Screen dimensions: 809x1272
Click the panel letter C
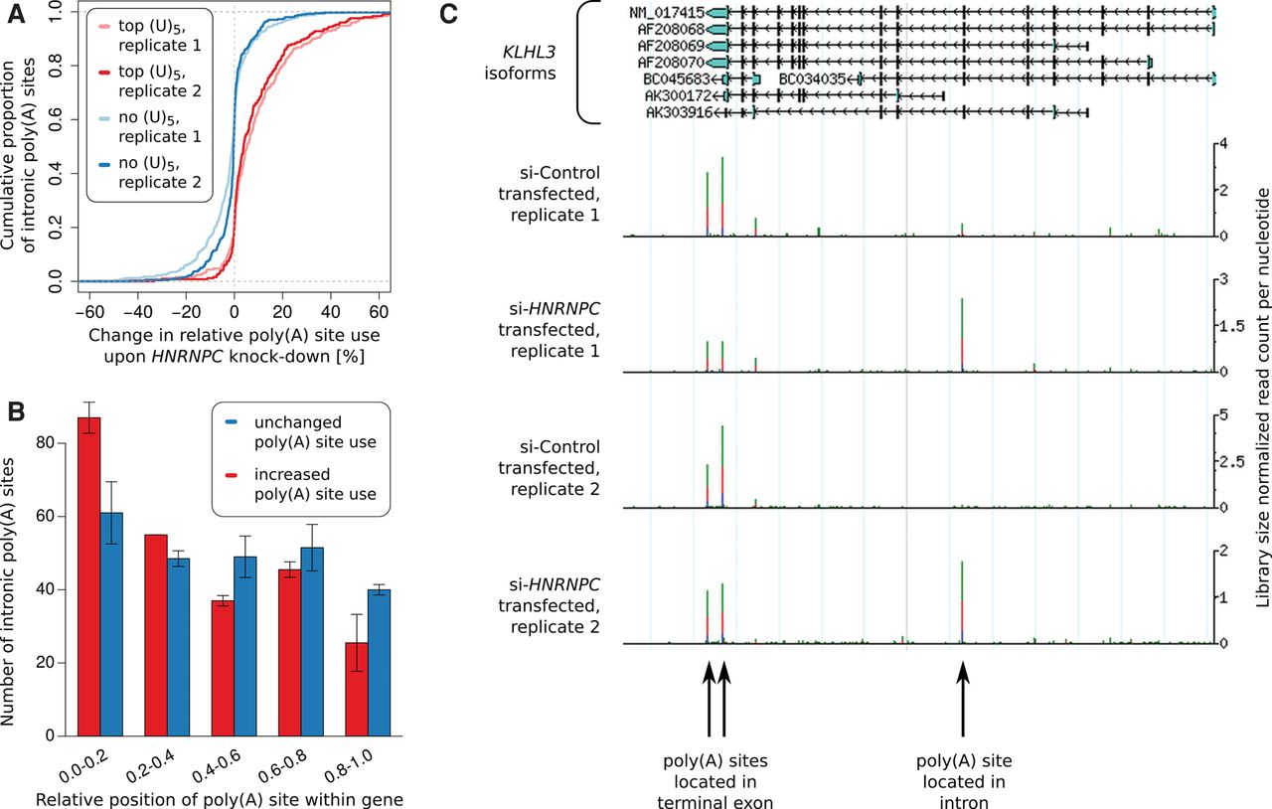pyautogui.click(x=448, y=13)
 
